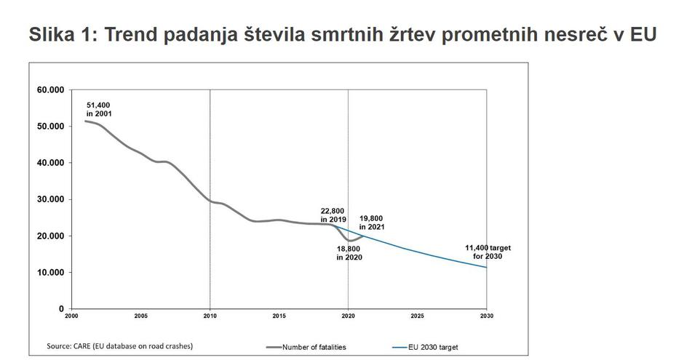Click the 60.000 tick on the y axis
click(x=50, y=89)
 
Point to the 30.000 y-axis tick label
click(x=50, y=199)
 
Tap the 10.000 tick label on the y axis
click(x=50, y=273)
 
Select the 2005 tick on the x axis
click(x=140, y=316)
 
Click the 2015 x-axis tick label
click(x=279, y=316)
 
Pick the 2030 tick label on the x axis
click(x=486, y=316)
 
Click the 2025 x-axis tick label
click(x=417, y=316)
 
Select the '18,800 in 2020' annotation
click(x=349, y=253)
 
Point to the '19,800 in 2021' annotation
click(x=372, y=223)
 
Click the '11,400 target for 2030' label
click(x=488, y=252)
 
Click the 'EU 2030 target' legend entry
click(x=432, y=347)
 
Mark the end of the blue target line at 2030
click(x=486, y=267)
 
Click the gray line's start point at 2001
click(x=85, y=121)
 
